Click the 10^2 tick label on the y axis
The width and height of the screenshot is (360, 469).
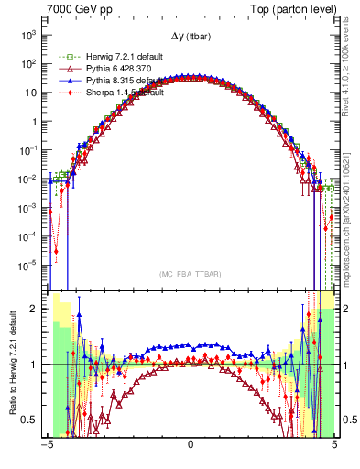point(34,64)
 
